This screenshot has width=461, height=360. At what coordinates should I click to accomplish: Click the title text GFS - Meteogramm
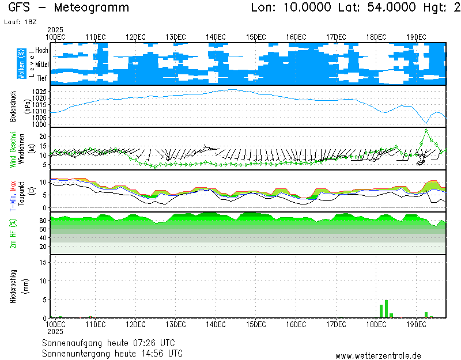[x=69, y=8]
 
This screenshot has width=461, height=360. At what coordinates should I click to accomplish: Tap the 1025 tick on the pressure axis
[x=39, y=92]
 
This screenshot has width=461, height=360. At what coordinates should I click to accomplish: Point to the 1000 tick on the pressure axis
[x=39, y=124]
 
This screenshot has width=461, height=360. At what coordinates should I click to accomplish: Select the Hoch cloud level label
[x=41, y=51]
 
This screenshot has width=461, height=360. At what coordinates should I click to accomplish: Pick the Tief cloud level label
[x=42, y=78]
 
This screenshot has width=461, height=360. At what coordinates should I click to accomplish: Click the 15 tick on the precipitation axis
[x=43, y=262]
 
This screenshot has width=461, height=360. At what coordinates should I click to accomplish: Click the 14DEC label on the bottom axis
[x=216, y=325]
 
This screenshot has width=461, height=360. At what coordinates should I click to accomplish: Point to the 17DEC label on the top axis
[x=336, y=37]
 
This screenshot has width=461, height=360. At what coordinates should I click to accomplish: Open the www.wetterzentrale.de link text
[x=378, y=356]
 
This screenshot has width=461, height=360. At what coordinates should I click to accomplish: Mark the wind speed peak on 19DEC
[x=426, y=130]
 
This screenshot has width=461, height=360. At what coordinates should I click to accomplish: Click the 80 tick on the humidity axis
[x=43, y=221]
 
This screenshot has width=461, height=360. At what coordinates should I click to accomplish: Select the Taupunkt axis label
[x=21, y=195]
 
